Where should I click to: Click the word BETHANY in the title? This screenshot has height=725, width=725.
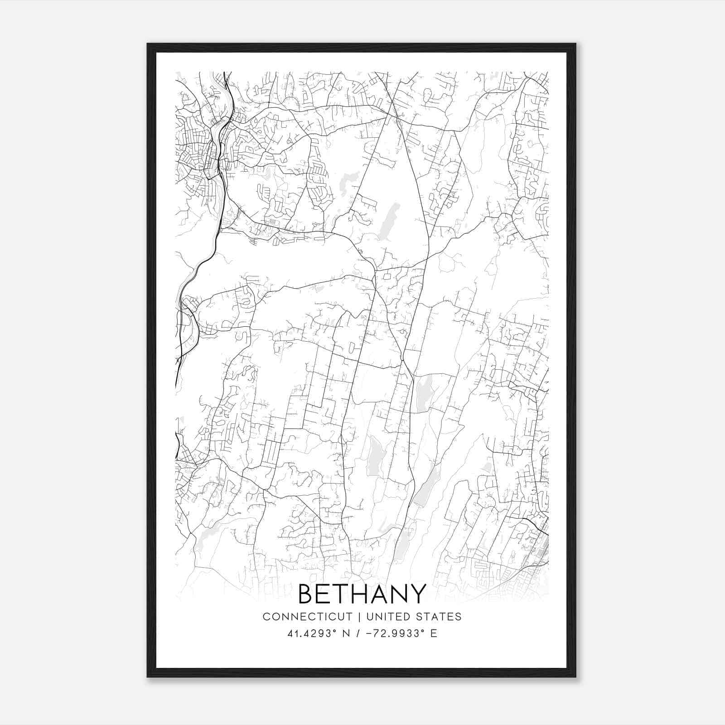(362, 594)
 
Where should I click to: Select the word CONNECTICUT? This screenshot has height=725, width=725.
(307, 617)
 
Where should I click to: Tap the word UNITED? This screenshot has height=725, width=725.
(387, 617)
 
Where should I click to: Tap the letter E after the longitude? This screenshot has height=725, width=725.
(434, 633)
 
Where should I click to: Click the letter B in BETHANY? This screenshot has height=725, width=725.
(307, 594)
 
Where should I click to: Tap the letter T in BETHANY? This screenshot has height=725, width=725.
(342, 594)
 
